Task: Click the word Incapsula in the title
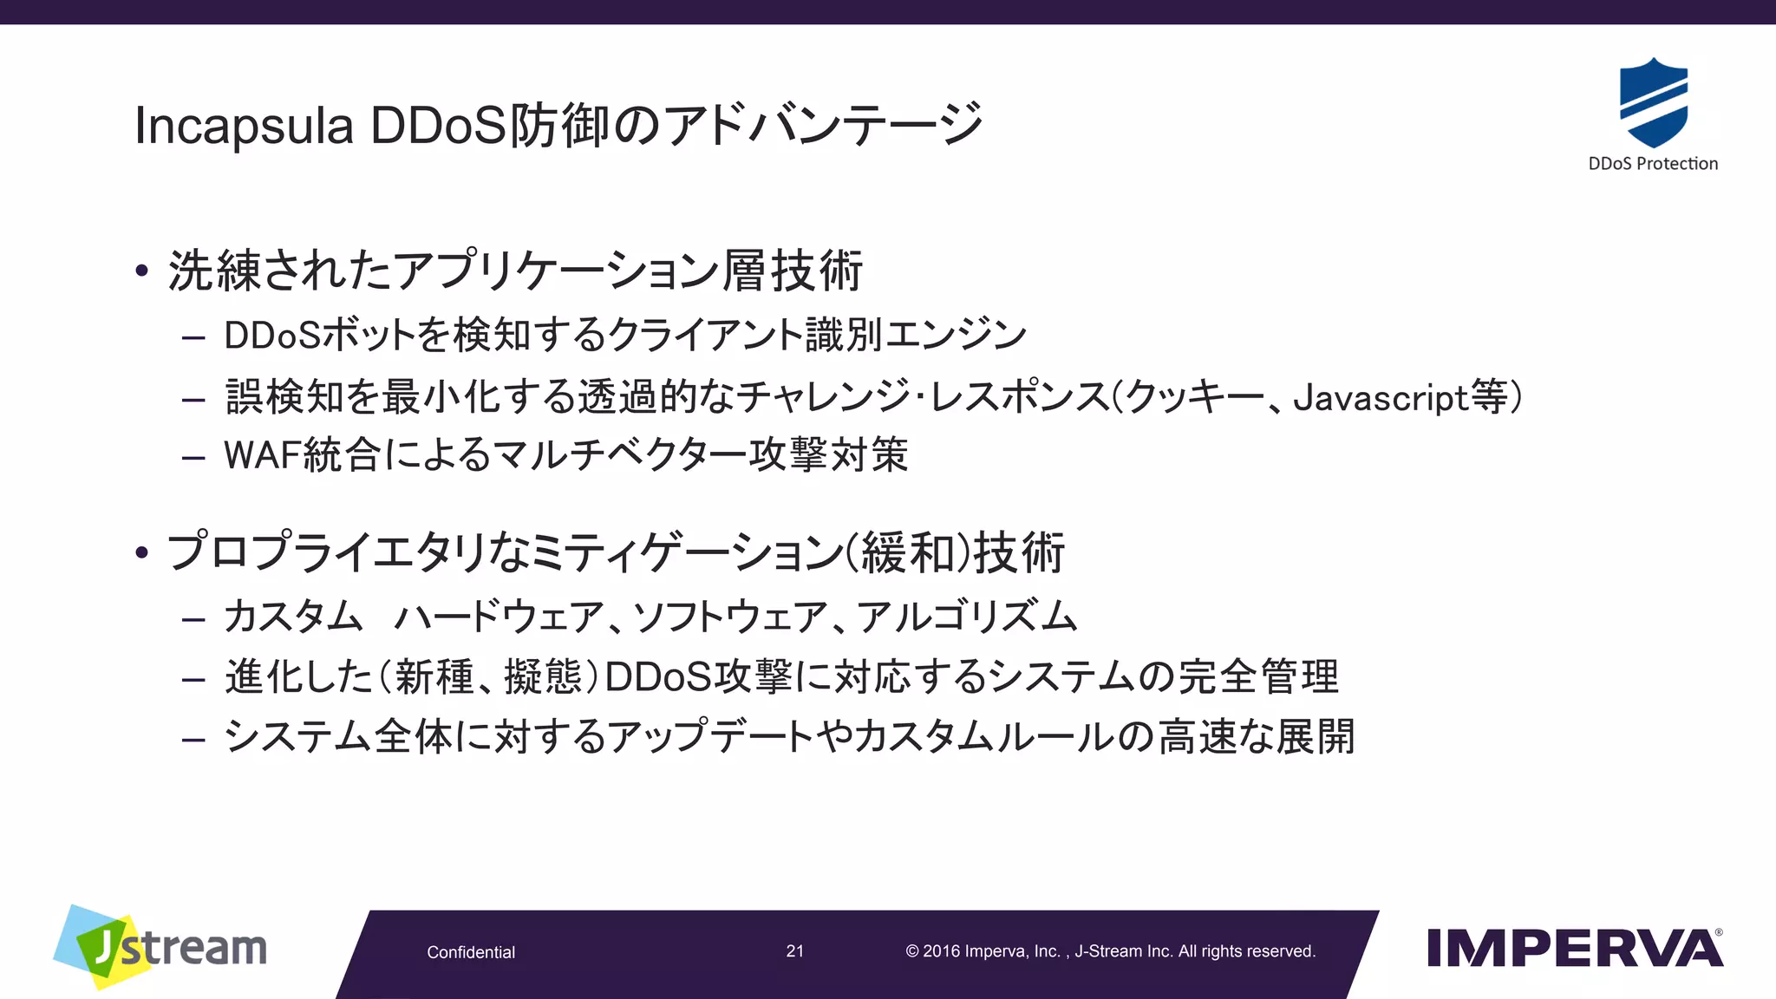tap(244, 126)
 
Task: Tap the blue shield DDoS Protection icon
tap(1653, 102)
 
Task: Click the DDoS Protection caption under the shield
tap(1652, 164)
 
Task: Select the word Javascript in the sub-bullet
tap(1380, 398)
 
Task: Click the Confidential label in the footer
tap(471, 952)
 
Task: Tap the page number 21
tap(794, 951)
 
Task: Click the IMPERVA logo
tap(1574, 948)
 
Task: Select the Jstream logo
tap(161, 947)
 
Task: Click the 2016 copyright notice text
tap(1110, 951)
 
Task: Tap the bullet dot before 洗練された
tap(142, 271)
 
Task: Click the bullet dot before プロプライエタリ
tap(142, 552)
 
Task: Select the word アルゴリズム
tap(967, 617)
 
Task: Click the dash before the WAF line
tap(193, 457)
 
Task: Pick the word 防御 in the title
tap(558, 126)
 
